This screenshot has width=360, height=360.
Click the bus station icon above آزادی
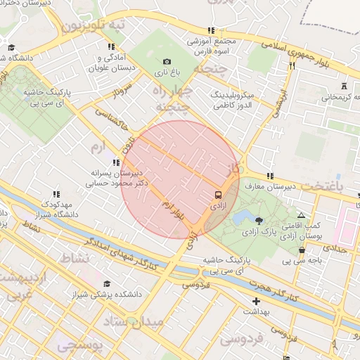(217, 194)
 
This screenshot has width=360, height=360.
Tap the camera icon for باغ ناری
(167, 63)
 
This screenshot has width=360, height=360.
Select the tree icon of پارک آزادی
(259, 221)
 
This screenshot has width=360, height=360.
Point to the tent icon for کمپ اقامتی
(301, 216)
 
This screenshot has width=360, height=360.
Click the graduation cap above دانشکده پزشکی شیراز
(107, 283)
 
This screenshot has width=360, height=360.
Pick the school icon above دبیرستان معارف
(269, 176)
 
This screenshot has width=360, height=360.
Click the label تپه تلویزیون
(94, 25)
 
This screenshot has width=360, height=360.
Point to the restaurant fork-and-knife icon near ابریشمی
(291, 65)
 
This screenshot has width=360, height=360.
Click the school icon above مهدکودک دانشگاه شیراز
(56, 193)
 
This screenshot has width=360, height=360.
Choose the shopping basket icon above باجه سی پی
(302, 250)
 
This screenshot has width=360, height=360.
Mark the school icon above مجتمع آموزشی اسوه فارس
(210, 30)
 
